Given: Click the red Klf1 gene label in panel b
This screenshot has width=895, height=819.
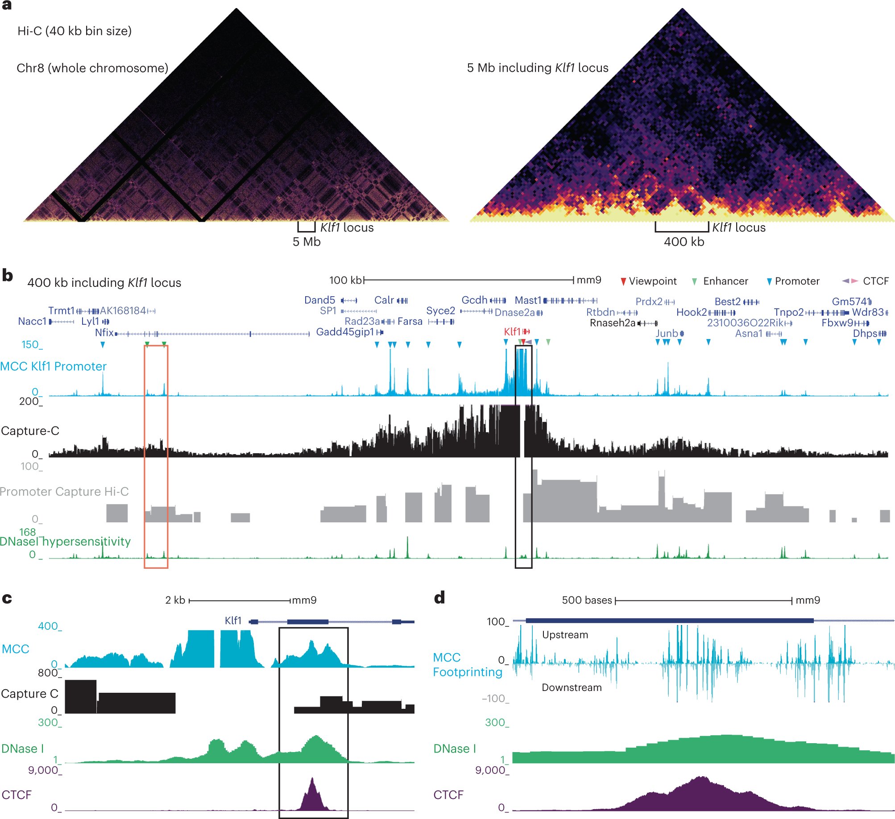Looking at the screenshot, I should (512, 331).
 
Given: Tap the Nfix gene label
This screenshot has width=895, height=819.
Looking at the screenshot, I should (104, 332).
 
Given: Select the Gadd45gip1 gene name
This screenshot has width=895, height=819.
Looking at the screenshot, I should (345, 332).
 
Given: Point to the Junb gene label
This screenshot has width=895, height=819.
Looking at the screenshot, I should (667, 333).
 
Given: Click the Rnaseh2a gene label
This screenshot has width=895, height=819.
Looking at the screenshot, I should (612, 323).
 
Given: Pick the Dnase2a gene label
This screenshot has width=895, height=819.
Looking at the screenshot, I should (514, 312).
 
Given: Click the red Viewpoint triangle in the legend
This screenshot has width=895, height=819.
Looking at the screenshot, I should (623, 281).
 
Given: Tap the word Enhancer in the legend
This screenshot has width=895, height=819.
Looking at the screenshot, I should (725, 281).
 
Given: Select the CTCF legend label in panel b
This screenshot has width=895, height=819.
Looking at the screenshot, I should (875, 281).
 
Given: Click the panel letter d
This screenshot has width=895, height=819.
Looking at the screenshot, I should (439, 598).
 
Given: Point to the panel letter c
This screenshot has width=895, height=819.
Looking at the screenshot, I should (7, 598).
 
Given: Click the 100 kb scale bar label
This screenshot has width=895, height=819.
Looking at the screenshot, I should (346, 280).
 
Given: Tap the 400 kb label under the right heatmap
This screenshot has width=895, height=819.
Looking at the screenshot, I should (684, 242).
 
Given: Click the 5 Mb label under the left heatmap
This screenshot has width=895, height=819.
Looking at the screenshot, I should (307, 242).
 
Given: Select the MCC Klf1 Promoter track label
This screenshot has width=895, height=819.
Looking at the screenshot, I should (54, 366).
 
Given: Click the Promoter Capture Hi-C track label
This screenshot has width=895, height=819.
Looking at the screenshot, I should (64, 492).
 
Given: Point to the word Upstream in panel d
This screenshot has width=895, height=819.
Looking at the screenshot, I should (565, 635).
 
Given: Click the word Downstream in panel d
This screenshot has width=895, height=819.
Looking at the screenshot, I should (572, 687).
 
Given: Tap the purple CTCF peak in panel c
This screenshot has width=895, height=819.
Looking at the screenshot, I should (312, 794).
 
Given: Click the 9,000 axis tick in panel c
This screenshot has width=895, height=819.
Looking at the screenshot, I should (44, 770).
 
